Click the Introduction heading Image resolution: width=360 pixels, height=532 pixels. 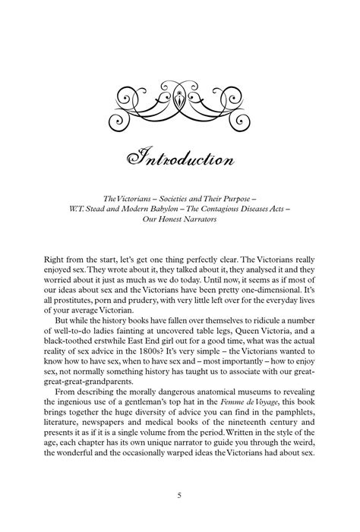pos(180,160)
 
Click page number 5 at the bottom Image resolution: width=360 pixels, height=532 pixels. pos(179,496)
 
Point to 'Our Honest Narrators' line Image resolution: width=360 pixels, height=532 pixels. pos(180,220)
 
